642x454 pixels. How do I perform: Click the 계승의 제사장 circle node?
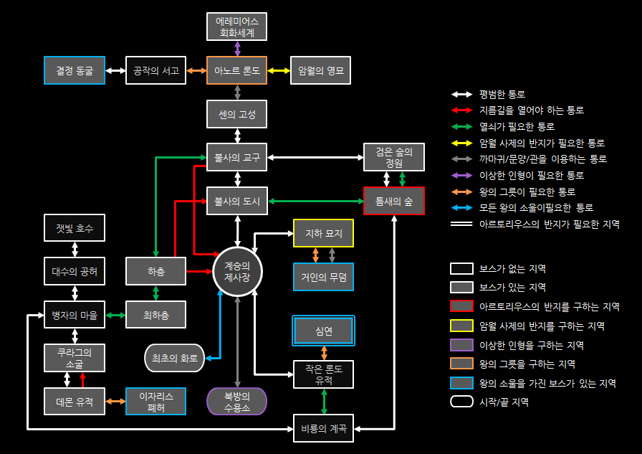[x=237, y=272]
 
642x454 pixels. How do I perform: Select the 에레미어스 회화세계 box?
[x=237, y=27]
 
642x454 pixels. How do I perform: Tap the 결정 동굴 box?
[x=75, y=70]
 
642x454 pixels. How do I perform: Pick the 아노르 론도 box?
[x=237, y=70]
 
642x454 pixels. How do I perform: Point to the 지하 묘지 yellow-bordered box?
[x=323, y=234]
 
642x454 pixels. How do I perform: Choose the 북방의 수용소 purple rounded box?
[x=237, y=401]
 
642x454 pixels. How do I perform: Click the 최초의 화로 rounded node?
[x=174, y=357]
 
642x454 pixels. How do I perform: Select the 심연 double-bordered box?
[x=324, y=331]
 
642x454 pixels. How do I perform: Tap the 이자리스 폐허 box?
[x=155, y=401]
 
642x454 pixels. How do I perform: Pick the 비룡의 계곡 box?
[x=324, y=429]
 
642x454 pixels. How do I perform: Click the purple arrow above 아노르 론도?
[x=237, y=48]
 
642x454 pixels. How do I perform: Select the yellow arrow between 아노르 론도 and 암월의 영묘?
[x=279, y=70]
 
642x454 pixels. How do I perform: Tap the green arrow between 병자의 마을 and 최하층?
[x=115, y=315]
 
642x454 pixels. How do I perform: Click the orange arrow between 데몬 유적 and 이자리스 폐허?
[x=115, y=401]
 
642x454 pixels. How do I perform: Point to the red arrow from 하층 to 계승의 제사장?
[x=200, y=272]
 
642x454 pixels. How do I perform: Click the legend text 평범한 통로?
[x=502, y=94]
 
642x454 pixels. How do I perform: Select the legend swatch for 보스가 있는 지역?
[x=461, y=288]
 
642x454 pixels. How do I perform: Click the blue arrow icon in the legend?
[x=461, y=208]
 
